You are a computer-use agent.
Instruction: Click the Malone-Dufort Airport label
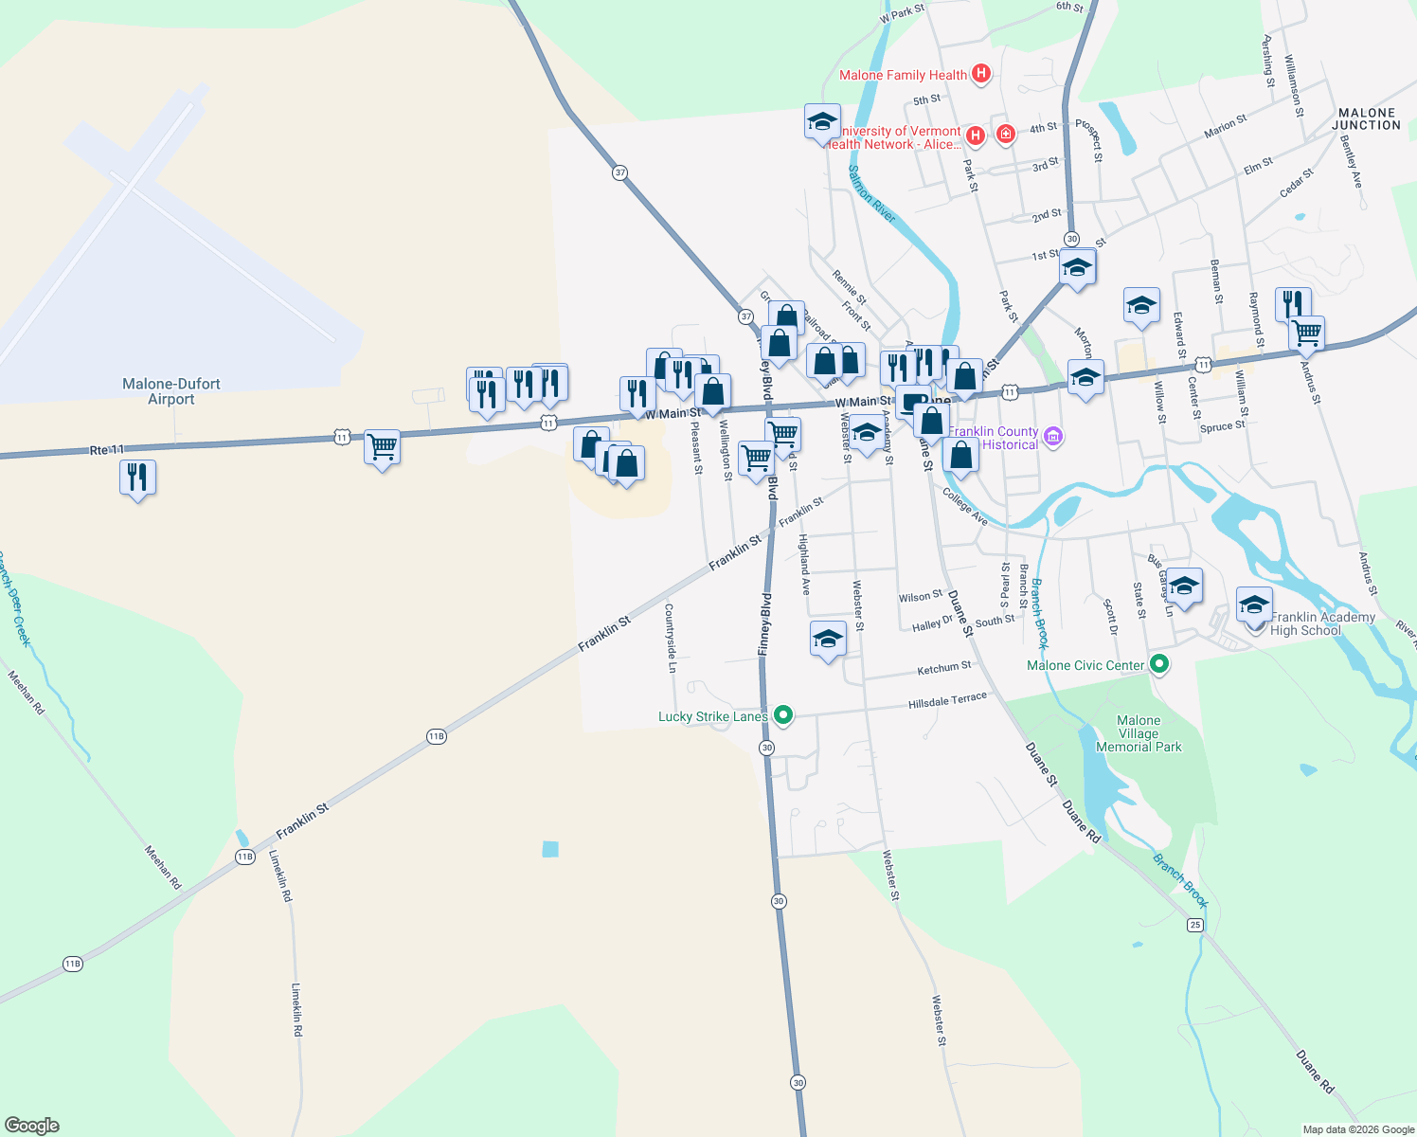click(x=171, y=391)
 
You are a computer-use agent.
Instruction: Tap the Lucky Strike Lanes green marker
click(x=782, y=715)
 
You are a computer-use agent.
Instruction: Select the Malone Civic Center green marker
click(x=1158, y=664)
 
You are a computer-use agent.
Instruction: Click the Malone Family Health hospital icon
click(x=981, y=74)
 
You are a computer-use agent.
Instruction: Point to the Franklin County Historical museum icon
click(x=1053, y=437)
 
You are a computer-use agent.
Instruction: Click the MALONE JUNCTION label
click(x=1366, y=118)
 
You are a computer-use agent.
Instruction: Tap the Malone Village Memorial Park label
click(x=1139, y=733)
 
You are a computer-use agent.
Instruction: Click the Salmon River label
click(x=871, y=194)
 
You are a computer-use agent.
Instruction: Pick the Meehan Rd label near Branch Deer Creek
click(x=27, y=692)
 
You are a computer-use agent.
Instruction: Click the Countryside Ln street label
click(x=671, y=638)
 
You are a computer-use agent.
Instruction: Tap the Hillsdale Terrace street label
click(x=947, y=701)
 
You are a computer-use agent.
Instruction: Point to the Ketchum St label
click(x=943, y=668)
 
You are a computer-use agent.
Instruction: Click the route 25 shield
click(x=1195, y=924)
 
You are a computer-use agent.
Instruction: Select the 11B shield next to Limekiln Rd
click(x=244, y=857)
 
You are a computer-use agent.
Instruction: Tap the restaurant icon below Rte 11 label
click(x=137, y=478)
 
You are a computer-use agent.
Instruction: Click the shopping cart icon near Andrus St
click(x=1307, y=333)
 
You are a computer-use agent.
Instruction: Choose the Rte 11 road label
click(x=106, y=450)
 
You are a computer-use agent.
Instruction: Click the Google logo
click(x=32, y=1125)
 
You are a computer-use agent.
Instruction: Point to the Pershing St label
click(x=1268, y=62)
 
